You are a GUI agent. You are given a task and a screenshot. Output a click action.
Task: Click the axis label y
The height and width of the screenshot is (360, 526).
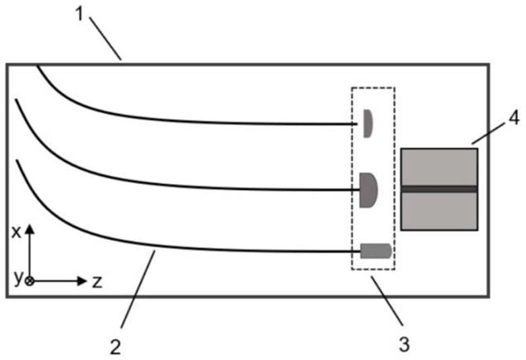pyautogui.click(x=18, y=278)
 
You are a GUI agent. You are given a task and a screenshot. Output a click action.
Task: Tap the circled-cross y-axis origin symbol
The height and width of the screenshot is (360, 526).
pyautogui.click(x=29, y=281)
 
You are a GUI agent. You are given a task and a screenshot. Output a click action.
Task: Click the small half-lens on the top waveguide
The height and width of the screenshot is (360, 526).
pyautogui.click(x=369, y=124)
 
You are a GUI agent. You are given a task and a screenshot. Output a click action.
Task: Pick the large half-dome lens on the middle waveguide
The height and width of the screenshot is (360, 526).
pyautogui.click(x=368, y=189)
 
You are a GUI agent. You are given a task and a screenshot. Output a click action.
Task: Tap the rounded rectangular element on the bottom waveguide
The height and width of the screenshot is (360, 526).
pyautogui.click(x=375, y=250)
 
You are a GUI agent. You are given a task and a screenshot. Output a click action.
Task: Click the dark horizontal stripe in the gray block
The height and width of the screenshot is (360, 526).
pyautogui.click(x=439, y=189)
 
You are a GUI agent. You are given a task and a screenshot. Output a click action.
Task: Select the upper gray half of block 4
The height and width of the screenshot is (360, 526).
pyautogui.click(x=439, y=167)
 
